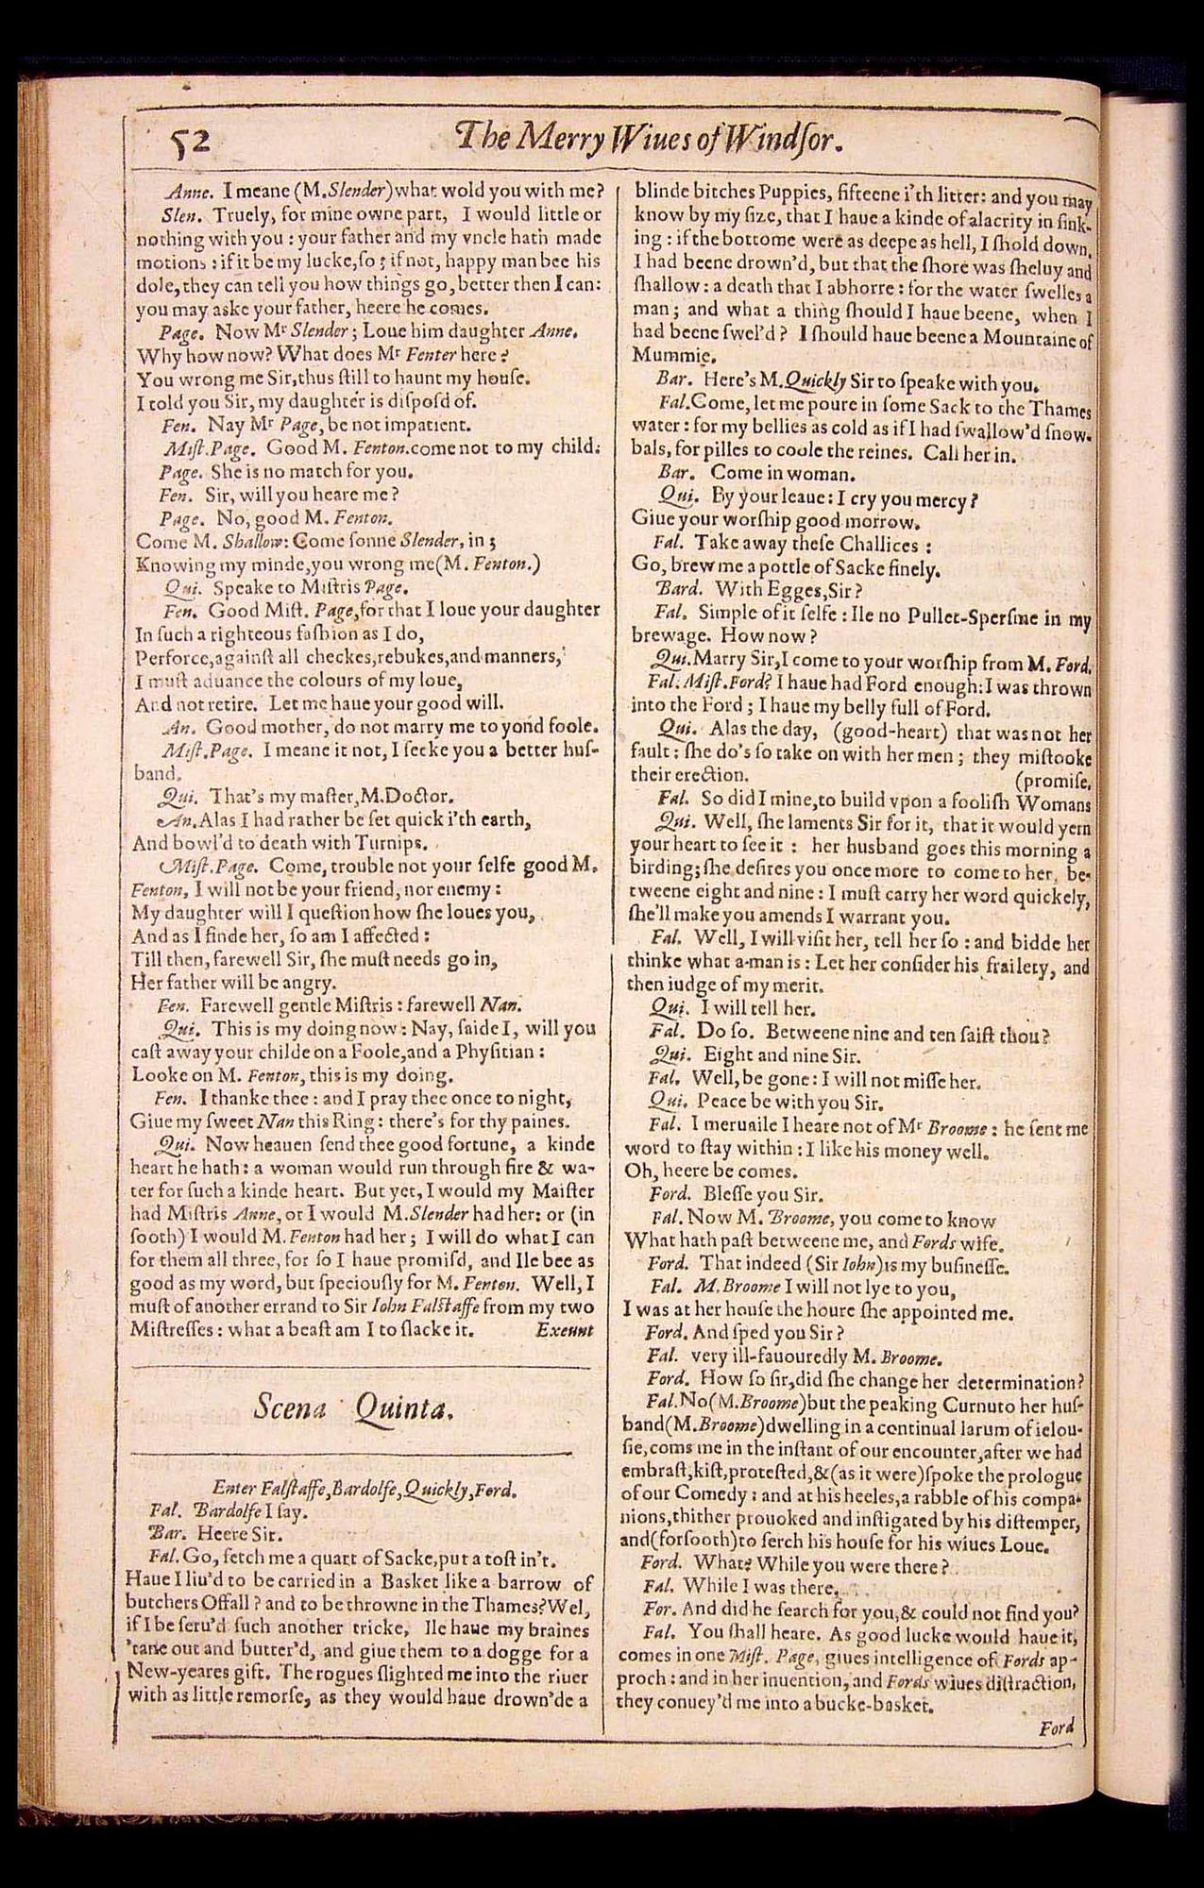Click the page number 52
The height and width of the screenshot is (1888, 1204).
coord(188,143)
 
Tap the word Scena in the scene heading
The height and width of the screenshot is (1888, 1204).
coord(289,1408)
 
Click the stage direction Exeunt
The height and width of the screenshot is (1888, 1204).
coord(564,1330)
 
